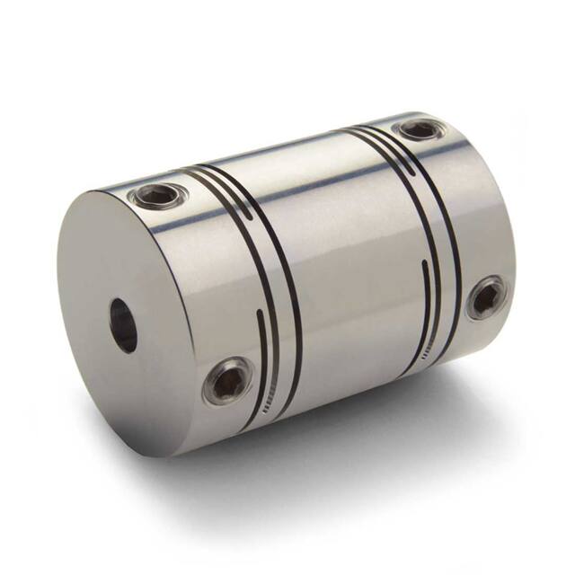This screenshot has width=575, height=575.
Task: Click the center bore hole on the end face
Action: pyautogui.click(x=123, y=325)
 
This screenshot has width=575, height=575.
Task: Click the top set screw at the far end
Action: pyautogui.click(x=420, y=129)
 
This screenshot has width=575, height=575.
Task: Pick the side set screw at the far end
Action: pyautogui.click(x=486, y=297)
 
